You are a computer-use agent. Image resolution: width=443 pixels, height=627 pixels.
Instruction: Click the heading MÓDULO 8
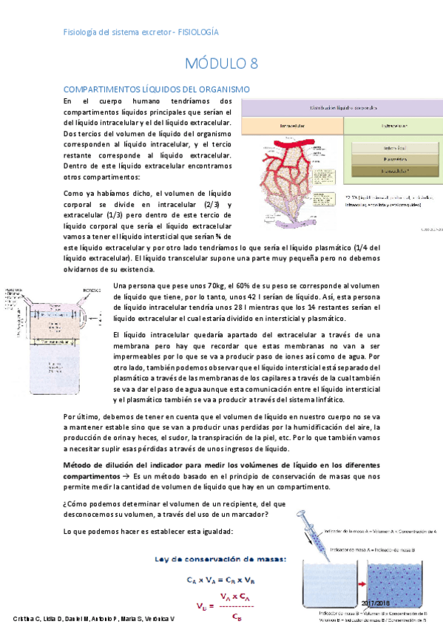pyautogui.click(x=221, y=63)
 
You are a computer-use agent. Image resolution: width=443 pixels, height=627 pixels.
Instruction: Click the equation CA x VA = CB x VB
pyautogui.click(x=222, y=580)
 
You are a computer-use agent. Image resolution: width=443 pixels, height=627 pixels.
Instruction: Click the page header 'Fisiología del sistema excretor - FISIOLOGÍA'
pyautogui.click(x=141, y=33)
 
